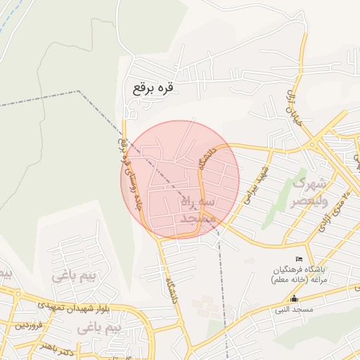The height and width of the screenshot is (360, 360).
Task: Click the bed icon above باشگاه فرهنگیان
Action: point(299,259)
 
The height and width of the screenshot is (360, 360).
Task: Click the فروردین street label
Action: point(30,325)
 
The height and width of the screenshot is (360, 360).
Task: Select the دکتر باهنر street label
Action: point(56,347)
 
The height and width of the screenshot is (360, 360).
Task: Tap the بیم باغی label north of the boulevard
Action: point(72,276)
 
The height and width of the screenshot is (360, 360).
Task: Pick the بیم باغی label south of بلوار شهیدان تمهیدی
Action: point(99,328)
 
